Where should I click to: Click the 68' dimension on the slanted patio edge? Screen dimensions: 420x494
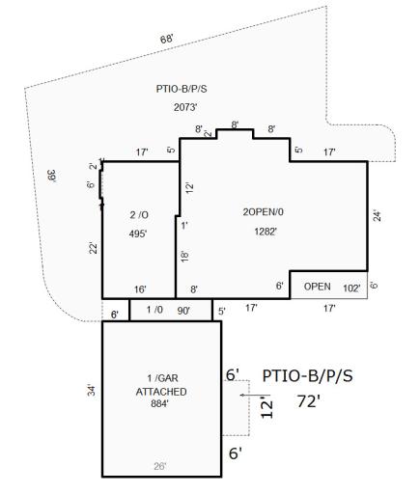[x=167, y=40]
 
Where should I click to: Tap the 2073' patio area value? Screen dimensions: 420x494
[x=185, y=107]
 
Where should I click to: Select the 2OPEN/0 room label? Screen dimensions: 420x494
[x=263, y=212]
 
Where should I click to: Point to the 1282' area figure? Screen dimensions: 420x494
[x=266, y=232]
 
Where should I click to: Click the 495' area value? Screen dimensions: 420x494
[x=138, y=233]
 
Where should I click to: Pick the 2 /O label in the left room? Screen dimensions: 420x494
[x=139, y=215]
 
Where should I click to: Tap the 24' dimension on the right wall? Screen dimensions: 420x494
[x=377, y=216]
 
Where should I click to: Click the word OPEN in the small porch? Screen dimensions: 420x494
[x=317, y=287]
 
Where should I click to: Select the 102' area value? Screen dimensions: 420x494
[x=351, y=288]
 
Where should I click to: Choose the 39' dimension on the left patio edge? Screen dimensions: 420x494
[x=51, y=176]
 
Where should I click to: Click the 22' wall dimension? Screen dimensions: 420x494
[x=93, y=248]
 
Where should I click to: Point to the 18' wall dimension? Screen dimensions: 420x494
[x=184, y=257]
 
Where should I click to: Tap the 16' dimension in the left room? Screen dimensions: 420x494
[x=140, y=289]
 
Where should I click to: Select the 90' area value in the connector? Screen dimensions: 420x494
[x=183, y=311]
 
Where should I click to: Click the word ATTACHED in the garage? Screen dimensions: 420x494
[x=161, y=392]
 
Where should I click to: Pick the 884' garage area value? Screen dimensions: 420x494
[x=160, y=403]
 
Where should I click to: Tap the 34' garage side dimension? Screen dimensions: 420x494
[x=92, y=390]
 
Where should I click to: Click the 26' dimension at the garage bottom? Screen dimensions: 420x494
[x=160, y=466]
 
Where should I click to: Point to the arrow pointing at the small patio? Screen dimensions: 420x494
[x=255, y=395]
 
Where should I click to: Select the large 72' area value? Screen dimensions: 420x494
[x=308, y=401]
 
